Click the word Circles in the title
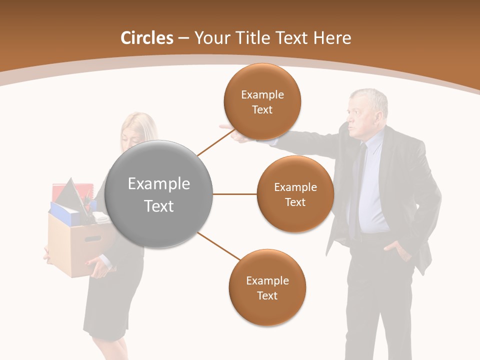(146, 38)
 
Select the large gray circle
(159, 194)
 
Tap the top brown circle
(262, 101)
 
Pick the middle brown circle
(295, 194)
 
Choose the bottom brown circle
(267, 287)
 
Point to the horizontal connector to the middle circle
(235, 194)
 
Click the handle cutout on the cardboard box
(92, 238)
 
